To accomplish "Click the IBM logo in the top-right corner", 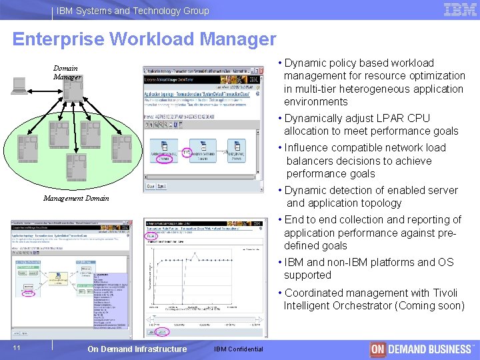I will (x=459, y=9).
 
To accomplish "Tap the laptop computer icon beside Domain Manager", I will (x=19, y=85).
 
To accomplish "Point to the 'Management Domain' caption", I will (x=76, y=198).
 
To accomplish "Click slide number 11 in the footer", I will (x=17, y=347).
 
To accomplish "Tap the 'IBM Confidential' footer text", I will (x=239, y=349).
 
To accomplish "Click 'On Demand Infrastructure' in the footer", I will (x=137, y=349).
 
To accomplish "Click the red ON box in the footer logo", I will (x=378, y=349).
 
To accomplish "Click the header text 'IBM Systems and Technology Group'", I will (x=133, y=11).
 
